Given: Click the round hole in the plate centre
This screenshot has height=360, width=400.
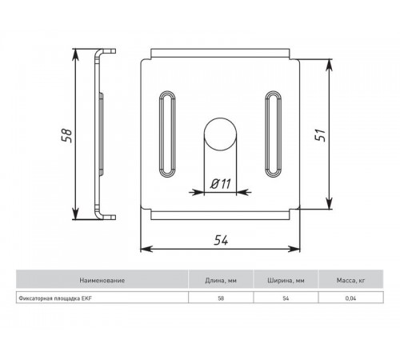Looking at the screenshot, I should [x=221, y=133].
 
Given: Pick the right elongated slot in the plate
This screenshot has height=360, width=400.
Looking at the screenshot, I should [x=273, y=133].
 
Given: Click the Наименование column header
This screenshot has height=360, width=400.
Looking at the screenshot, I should [x=102, y=281].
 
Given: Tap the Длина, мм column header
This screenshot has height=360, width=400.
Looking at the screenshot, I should [x=221, y=281].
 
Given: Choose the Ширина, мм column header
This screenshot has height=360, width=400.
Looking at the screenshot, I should [x=286, y=281].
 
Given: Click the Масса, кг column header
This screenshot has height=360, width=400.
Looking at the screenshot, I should [x=350, y=281].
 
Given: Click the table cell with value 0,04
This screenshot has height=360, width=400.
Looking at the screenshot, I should [x=350, y=298].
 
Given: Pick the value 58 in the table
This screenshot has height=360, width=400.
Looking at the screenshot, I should [x=221, y=298].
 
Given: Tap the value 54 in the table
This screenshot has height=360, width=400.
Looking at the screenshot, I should [x=286, y=298].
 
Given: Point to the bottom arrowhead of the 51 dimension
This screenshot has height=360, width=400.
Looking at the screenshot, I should [x=328, y=206].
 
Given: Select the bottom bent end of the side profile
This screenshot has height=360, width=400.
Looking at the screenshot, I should [x=104, y=214].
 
